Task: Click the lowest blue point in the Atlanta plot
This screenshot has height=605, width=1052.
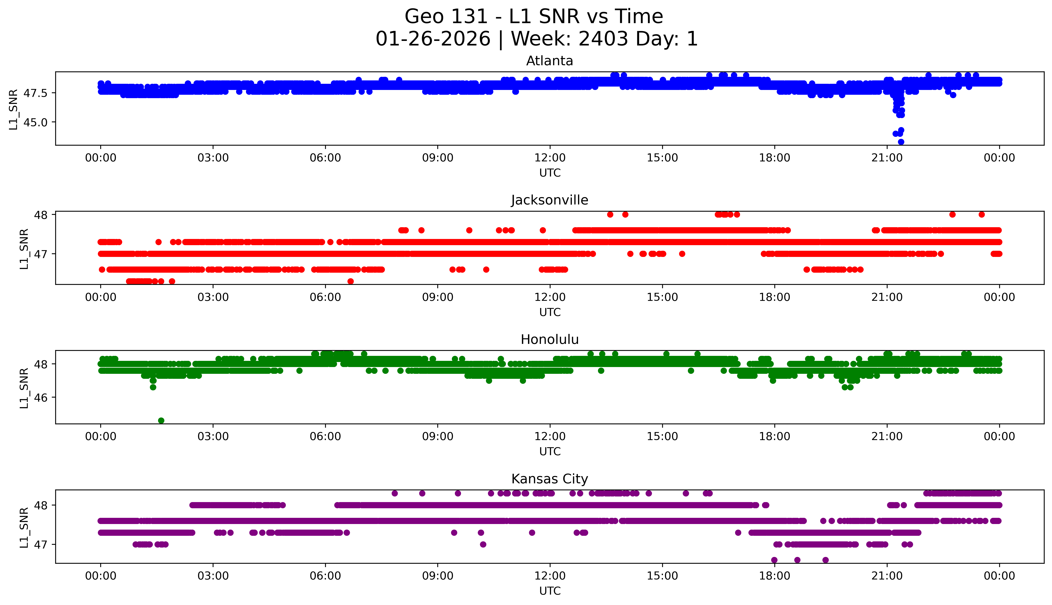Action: click(x=901, y=142)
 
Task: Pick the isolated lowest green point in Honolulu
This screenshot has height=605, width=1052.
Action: click(x=161, y=420)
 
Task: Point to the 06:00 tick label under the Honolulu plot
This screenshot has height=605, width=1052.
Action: click(x=325, y=436)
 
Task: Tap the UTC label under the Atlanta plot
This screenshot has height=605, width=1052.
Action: click(x=550, y=173)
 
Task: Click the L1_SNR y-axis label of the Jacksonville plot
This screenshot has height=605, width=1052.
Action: click(x=24, y=249)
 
